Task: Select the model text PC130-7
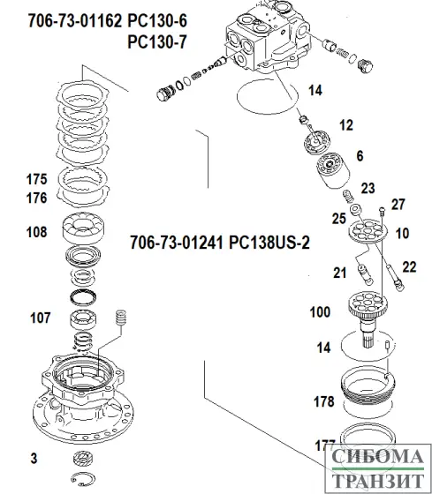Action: [160, 41]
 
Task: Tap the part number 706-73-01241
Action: [175, 242]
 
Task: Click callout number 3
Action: [33, 458]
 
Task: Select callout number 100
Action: [320, 311]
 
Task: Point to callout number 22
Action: [408, 266]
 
